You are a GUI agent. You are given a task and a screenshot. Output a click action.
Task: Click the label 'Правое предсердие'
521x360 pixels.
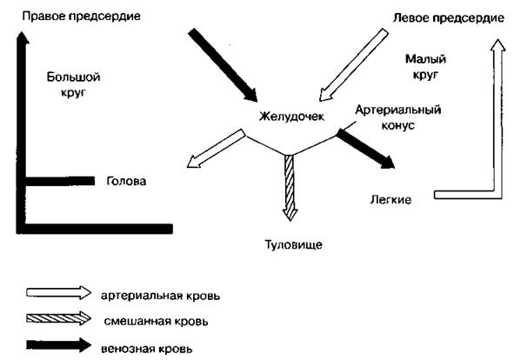[82, 17]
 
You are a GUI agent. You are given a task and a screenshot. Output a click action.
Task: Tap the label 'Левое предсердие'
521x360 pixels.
[449, 18]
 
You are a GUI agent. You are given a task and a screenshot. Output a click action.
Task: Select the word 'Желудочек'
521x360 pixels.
[291, 117]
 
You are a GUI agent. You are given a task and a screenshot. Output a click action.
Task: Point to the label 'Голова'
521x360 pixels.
[126, 181]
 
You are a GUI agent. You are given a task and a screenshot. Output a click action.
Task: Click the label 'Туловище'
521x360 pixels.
[293, 244]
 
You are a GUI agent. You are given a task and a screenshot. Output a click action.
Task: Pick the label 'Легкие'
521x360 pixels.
[391, 200]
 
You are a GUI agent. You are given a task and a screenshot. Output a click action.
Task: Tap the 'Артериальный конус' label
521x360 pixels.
[398, 117]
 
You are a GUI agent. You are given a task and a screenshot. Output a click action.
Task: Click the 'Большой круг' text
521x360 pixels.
[73, 84]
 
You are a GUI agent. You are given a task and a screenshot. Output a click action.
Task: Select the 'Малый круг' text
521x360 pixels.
[425, 67]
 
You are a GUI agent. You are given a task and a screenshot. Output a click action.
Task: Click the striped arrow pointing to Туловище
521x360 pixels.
[290, 188]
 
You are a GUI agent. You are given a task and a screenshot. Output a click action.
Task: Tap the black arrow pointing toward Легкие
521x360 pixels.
[365, 149]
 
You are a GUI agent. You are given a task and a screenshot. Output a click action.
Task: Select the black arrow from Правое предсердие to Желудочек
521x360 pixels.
[223, 64]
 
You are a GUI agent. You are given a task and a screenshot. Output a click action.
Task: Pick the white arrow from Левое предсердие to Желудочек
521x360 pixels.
[353, 64]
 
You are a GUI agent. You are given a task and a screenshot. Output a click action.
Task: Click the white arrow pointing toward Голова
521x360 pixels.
[217, 148]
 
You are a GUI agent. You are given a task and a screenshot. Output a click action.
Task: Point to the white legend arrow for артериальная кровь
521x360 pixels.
[58, 293]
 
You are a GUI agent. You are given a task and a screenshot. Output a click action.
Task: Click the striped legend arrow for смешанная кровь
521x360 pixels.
[58, 318]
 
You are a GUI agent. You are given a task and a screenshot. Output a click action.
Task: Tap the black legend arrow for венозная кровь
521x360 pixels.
[58, 345]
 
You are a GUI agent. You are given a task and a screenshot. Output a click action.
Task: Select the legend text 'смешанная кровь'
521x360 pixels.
[157, 322]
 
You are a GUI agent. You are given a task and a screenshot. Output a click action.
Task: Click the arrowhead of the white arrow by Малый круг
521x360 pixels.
[498, 45]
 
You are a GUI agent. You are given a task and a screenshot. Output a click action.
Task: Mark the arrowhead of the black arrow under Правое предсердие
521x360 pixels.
[22, 37]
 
